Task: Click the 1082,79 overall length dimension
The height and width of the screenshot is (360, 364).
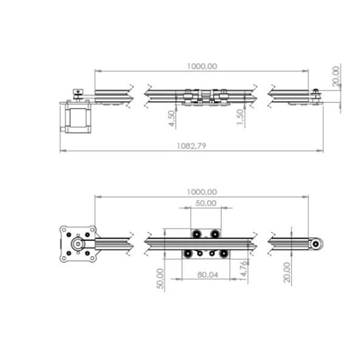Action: click(192, 146)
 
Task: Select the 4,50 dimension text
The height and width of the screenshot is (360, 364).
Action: click(172, 118)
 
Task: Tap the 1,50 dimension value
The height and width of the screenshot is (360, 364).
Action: click(240, 117)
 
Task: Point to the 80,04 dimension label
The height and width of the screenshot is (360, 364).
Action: click(207, 275)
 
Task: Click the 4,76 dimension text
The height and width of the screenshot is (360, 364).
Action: click(243, 269)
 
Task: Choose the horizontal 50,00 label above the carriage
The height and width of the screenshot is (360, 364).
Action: click(206, 203)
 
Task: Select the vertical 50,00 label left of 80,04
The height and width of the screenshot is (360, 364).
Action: click(160, 279)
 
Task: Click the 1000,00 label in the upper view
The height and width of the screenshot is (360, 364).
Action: click(202, 66)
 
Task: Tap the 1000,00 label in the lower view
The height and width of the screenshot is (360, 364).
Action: click(202, 192)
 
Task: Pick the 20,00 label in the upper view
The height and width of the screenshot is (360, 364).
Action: click(336, 76)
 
